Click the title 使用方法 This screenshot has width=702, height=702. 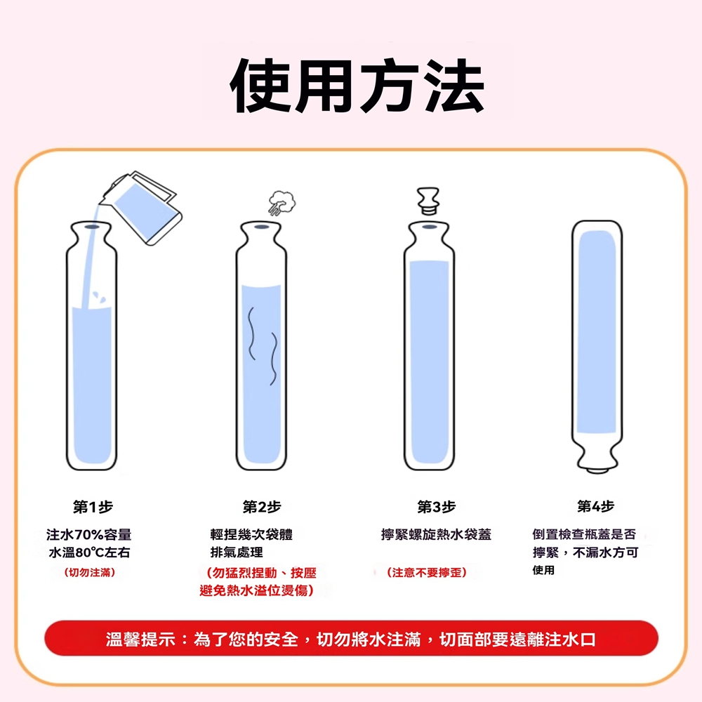pyautogui.click(x=357, y=86)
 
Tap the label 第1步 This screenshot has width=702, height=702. pyautogui.click(x=93, y=507)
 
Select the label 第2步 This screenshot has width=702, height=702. pyautogui.click(x=262, y=507)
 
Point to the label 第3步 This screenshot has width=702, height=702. pyautogui.click(x=437, y=507)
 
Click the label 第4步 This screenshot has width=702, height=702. pyautogui.click(x=596, y=506)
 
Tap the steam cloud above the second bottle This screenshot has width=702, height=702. pyautogui.click(x=282, y=203)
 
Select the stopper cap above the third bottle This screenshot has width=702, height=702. pyautogui.click(x=428, y=201)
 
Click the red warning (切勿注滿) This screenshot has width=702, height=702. pyautogui.click(x=90, y=573)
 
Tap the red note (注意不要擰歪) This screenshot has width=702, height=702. pyautogui.click(x=427, y=573)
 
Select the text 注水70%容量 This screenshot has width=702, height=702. pyautogui.click(x=89, y=534)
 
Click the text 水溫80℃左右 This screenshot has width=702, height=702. pyautogui.click(x=90, y=552)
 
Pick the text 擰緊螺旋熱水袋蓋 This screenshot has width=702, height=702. pyautogui.click(x=436, y=534)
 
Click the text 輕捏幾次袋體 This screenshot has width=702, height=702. pyautogui.click(x=251, y=534)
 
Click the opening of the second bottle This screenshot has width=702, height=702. pyautogui.click(x=262, y=227)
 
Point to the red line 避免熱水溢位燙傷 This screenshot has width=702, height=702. pyautogui.click(x=256, y=590)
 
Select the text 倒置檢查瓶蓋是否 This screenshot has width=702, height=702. pyautogui.click(x=584, y=534)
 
